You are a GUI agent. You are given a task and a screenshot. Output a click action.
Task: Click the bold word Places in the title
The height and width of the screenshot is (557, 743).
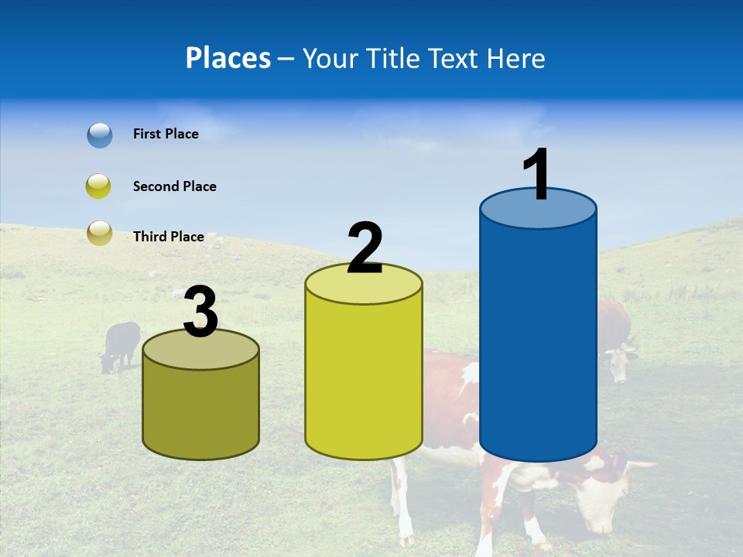pos(228,58)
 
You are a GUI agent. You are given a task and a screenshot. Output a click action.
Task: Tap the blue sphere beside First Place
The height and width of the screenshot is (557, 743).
pos(100,135)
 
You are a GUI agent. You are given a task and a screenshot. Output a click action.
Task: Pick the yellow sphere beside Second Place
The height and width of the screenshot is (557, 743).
pos(100,186)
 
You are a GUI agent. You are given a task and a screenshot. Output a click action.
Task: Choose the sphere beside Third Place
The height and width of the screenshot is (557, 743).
pos(100,233)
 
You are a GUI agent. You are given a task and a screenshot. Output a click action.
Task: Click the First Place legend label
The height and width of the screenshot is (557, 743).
pos(166,134)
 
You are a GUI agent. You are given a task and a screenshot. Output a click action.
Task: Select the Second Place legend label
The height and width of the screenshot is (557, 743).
pos(174,186)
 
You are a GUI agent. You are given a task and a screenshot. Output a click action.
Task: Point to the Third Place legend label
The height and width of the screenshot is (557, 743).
pos(168,237)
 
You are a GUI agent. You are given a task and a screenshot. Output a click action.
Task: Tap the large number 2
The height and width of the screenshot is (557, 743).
pos(365,249)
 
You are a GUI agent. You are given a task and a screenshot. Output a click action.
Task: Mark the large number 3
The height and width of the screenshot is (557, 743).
pos(201,313)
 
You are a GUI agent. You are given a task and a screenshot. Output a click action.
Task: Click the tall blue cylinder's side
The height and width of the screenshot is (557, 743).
pos(538,340)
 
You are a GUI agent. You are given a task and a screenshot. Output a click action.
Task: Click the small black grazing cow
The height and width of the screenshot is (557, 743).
pos(120,344)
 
